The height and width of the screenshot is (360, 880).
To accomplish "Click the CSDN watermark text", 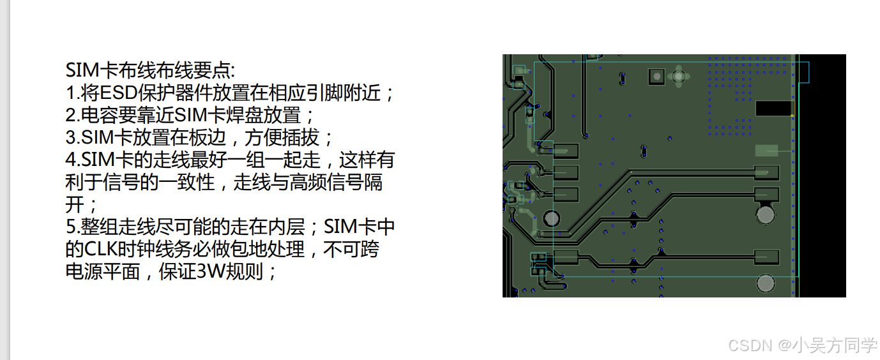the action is point(750,345).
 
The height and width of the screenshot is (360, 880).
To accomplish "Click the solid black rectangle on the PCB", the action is point(773,109).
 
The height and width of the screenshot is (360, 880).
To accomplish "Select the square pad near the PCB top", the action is point(656,77).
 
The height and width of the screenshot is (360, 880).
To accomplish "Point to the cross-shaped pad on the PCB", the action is point(679,77).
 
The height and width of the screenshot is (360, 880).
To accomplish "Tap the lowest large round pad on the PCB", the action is point(766,282).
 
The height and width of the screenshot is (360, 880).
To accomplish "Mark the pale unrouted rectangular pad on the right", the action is point(766,151).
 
